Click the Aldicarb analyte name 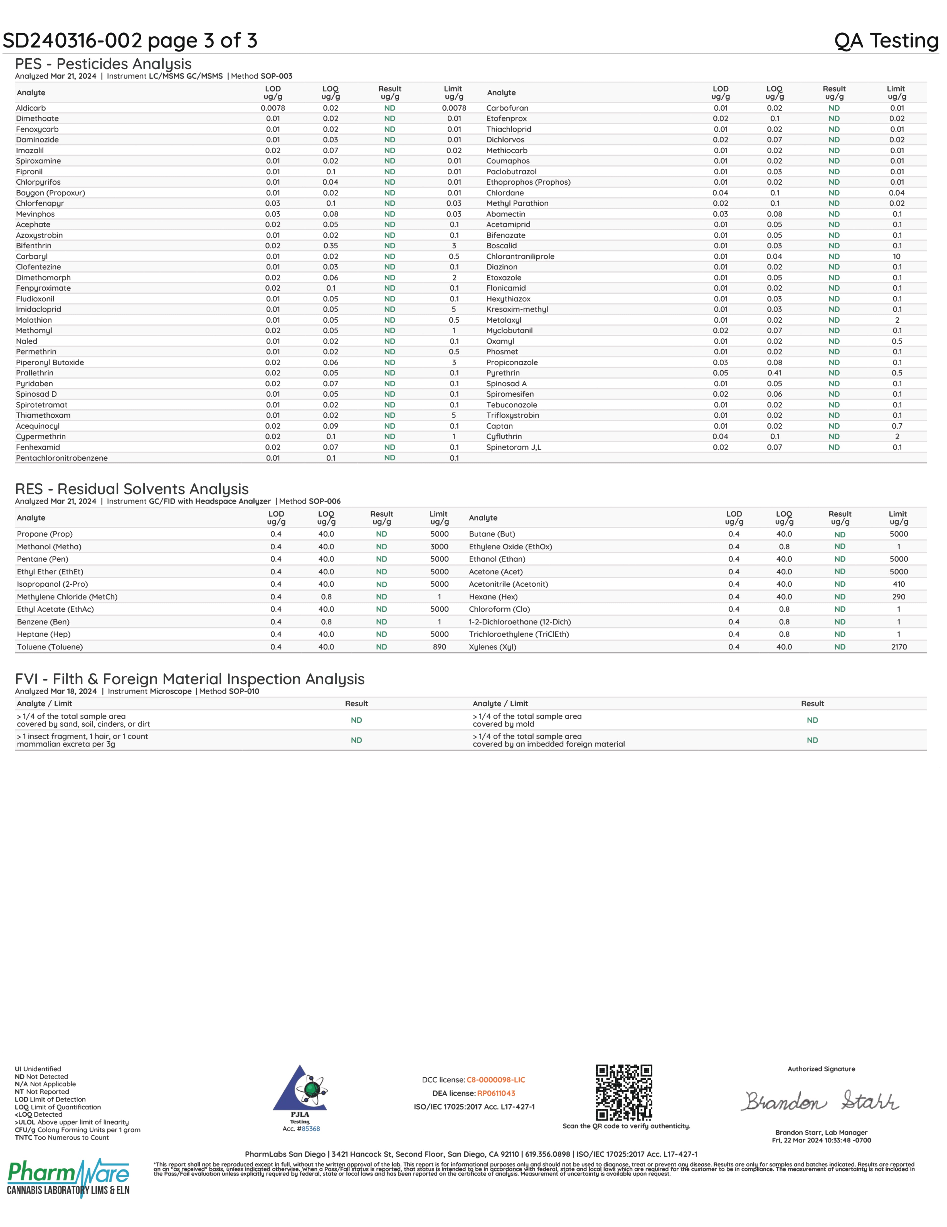(x=31, y=108)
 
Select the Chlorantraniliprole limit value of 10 (x=896, y=256)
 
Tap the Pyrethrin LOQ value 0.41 (x=774, y=373)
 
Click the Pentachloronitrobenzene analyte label (x=62, y=458)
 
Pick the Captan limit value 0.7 (x=897, y=426)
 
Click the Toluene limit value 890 (x=439, y=647)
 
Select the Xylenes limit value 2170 (x=899, y=647)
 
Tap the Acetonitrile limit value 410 (x=899, y=584)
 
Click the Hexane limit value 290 (x=899, y=597)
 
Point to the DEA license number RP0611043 (x=496, y=1093)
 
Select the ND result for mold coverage (x=812, y=720)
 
